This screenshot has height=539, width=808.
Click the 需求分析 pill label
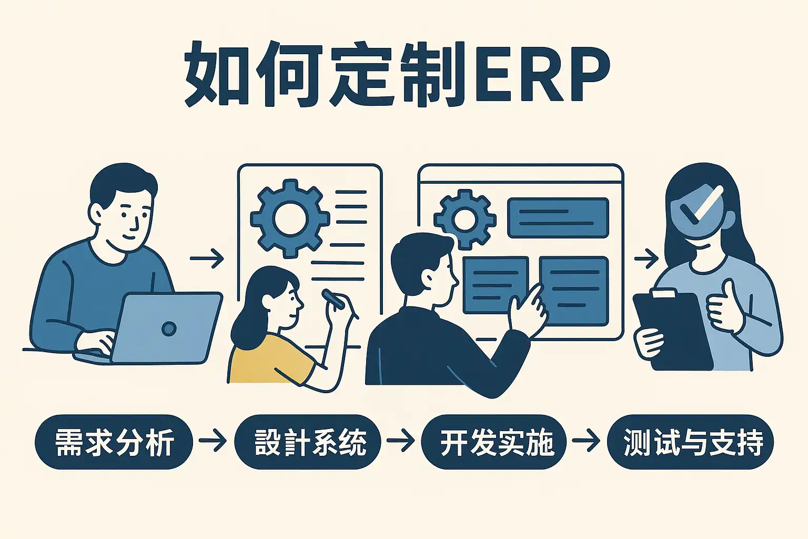(114, 442)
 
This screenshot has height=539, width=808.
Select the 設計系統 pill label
(307, 442)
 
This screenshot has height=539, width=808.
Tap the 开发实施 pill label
(494, 442)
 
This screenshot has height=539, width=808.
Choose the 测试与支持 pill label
(690, 442)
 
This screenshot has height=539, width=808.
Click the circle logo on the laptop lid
(169, 328)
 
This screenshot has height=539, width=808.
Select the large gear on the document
(289, 218)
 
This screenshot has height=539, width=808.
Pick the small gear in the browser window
(464, 219)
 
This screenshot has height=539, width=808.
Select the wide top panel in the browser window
(558, 217)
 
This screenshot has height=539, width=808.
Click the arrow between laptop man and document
(207, 258)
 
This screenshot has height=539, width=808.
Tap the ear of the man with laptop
(98, 213)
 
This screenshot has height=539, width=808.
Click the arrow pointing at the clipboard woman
(647, 258)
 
